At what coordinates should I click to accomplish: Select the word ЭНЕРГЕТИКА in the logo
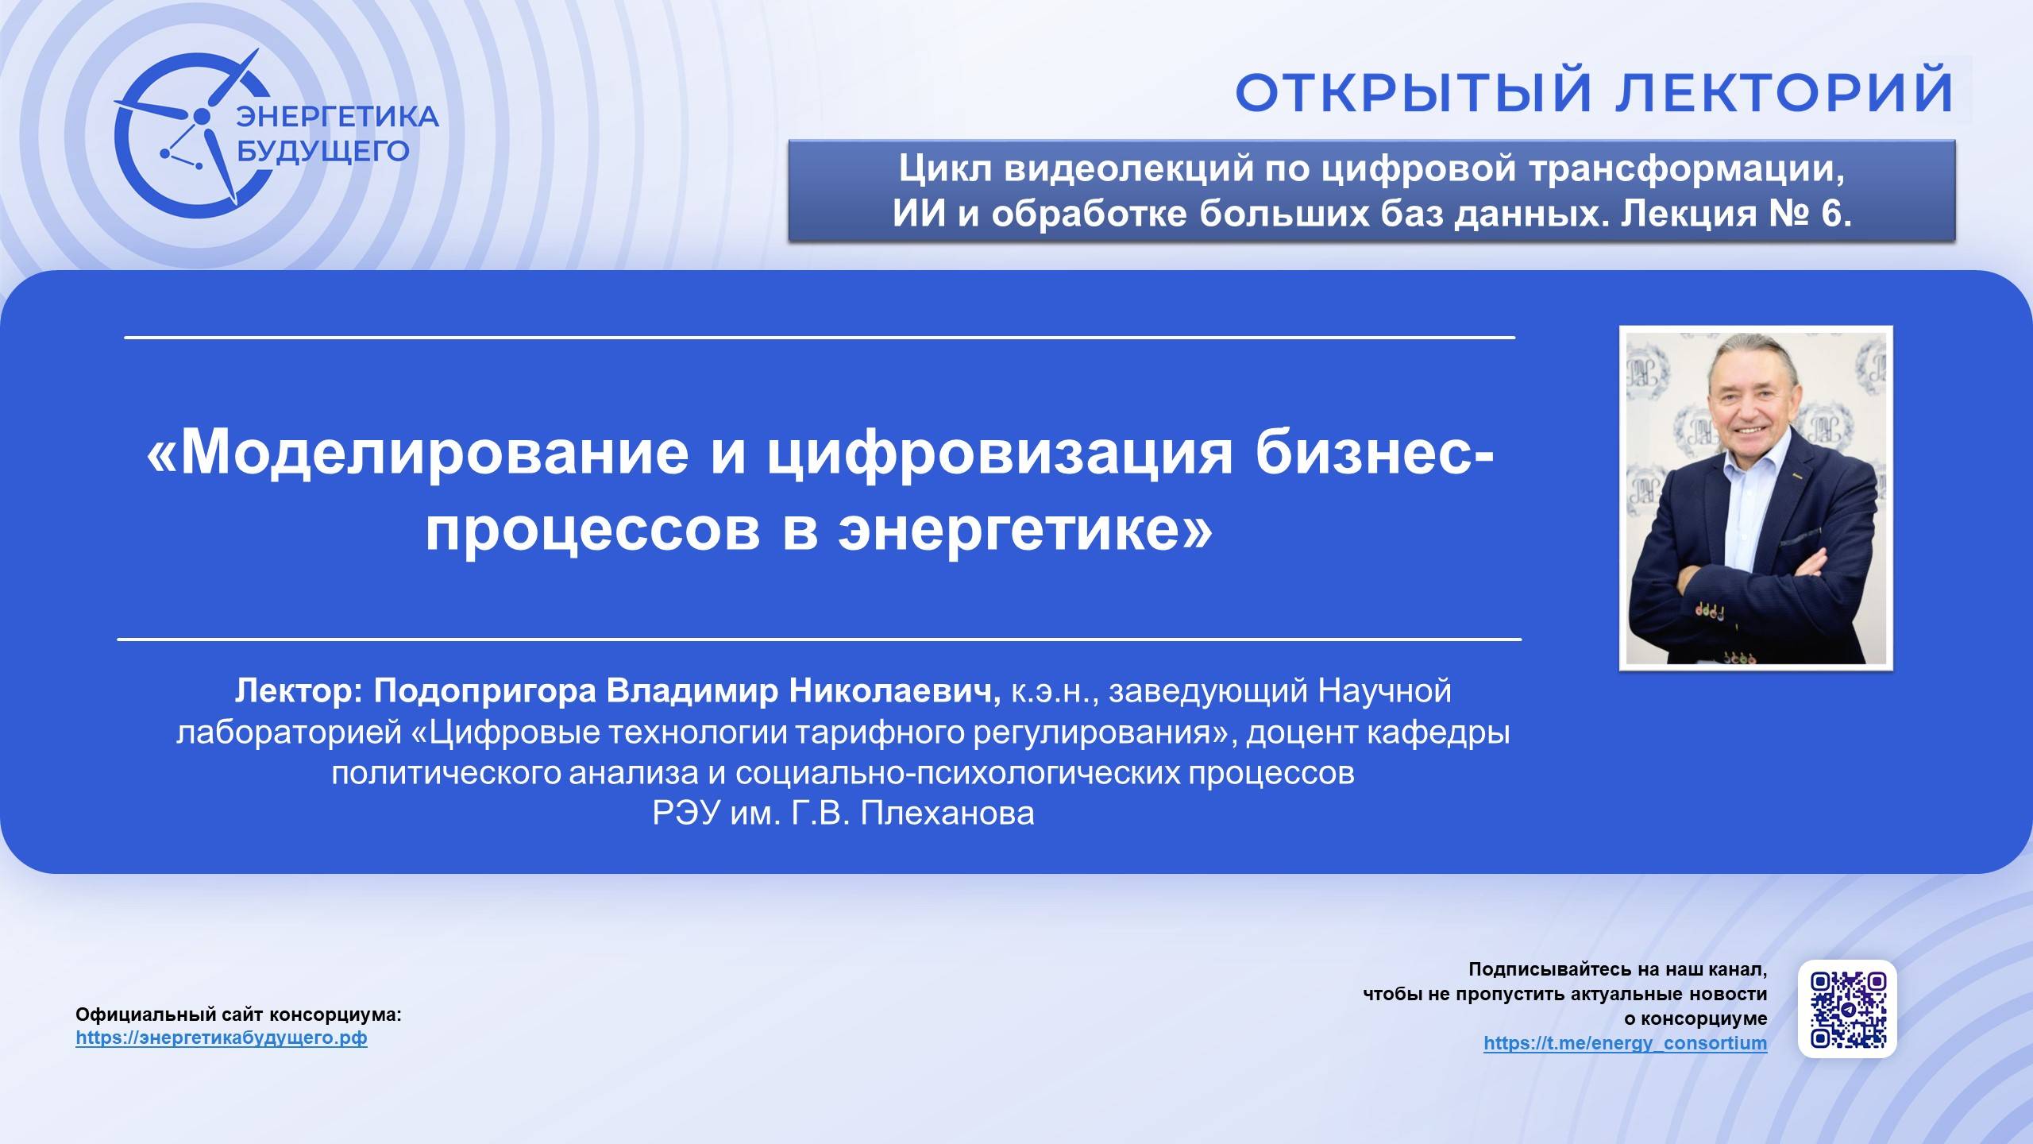pyautogui.click(x=338, y=117)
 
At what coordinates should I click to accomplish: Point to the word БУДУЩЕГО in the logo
pyautogui.click(x=324, y=151)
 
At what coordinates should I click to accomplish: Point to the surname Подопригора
pyautogui.click(x=484, y=691)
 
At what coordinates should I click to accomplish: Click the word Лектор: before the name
pyautogui.click(x=299, y=691)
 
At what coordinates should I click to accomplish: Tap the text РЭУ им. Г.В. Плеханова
pyautogui.click(x=843, y=814)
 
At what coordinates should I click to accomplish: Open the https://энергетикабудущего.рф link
pyautogui.click(x=222, y=1038)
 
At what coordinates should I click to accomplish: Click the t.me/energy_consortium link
pyautogui.click(x=1625, y=1043)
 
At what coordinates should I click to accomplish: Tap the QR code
pyautogui.click(x=1847, y=1009)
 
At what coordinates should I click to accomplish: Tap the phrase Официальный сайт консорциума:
pyautogui.click(x=238, y=1015)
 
